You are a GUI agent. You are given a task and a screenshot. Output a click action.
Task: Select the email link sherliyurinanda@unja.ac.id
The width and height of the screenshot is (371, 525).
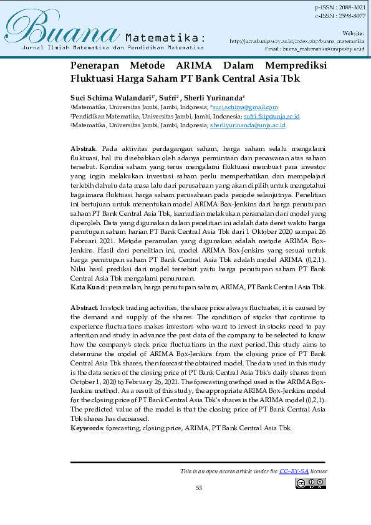248,125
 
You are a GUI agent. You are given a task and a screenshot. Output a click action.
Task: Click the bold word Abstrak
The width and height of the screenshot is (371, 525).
83,149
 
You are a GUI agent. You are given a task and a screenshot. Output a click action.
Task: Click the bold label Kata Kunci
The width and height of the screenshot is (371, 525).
87,287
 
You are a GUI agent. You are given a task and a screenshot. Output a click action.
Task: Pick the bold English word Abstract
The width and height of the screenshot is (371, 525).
84,308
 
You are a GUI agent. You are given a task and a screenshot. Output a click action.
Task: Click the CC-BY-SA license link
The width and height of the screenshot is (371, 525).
293,471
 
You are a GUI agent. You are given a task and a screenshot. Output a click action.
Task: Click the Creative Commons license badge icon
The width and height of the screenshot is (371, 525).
311,483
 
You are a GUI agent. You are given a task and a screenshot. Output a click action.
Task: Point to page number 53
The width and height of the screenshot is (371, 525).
198,488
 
